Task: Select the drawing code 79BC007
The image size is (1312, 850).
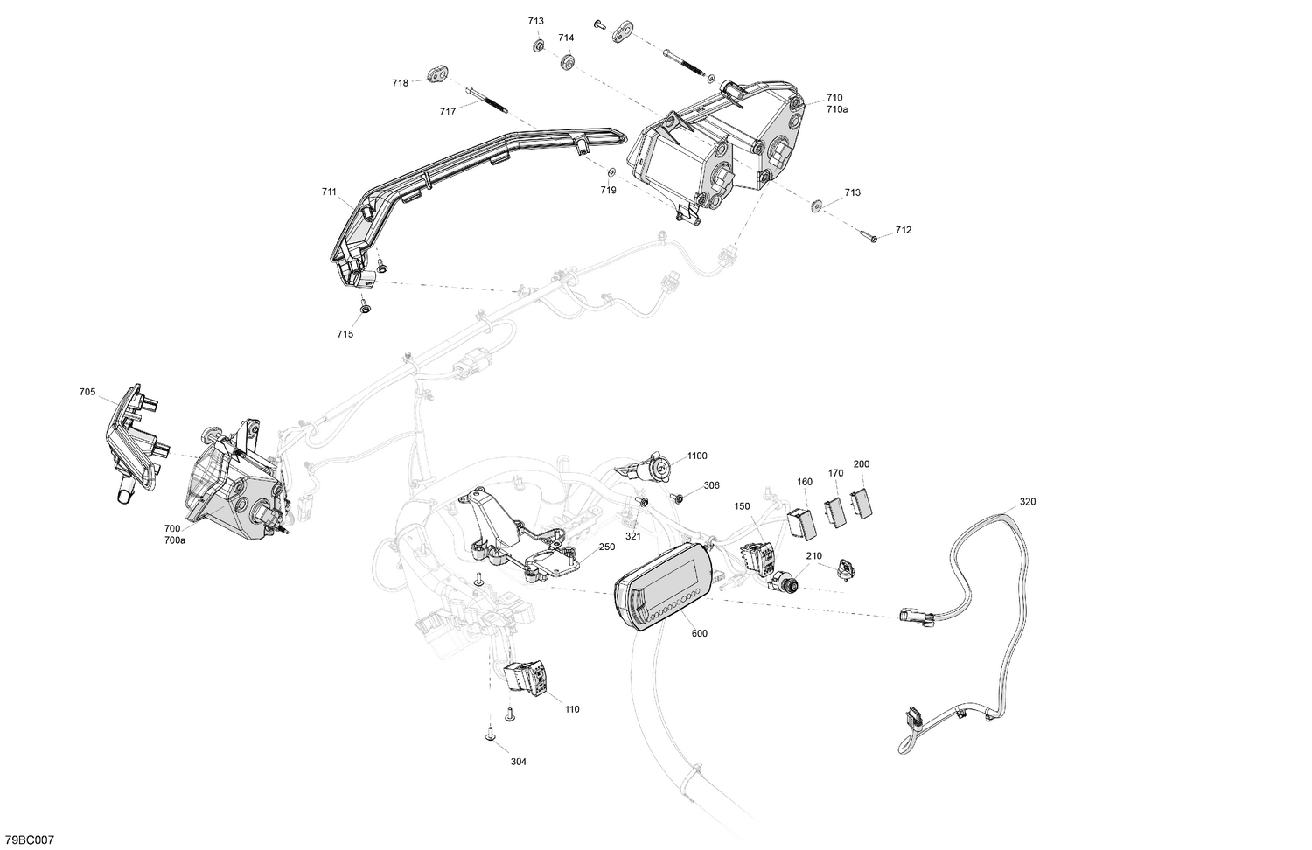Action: click(28, 840)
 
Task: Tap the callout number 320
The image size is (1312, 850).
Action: click(1027, 502)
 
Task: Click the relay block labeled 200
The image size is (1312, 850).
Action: click(862, 504)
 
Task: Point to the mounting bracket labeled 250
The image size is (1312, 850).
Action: click(525, 542)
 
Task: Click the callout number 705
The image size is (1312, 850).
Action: click(87, 393)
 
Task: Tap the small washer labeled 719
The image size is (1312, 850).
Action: click(611, 172)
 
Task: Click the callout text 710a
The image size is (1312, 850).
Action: click(836, 109)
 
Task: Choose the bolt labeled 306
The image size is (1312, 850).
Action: click(678, 497)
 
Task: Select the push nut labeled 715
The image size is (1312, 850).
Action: click(363, 307)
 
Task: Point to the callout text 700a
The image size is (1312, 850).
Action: click(174, 540)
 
